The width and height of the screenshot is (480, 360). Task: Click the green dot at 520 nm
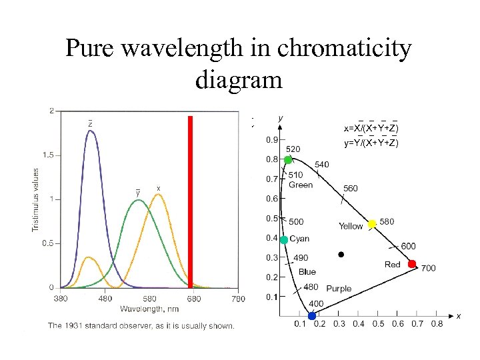pyautogui.click(x=288, y=160)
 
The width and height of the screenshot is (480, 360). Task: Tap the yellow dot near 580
pyautogui.click(x=372, y=223)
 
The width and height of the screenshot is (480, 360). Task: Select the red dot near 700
pyautogui.click(x=412, y=264)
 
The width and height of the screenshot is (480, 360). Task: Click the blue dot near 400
pyautogui.click(x=312, y=315)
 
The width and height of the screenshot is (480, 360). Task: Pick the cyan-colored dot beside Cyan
pyautogui.click(x=284, y=239)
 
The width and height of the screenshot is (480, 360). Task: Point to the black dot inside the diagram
pyautogui.click(x=341, y=254)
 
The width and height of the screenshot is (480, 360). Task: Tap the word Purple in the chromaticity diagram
pyautogui.click(x=339, y=289)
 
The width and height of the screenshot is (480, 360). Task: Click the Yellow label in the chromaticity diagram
pyautogui.click(x=351, y=226)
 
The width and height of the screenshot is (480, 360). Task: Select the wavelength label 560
pyautogui.click(x=351, y=188)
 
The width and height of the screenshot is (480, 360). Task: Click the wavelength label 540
pyautogui.click(x=321, y=164)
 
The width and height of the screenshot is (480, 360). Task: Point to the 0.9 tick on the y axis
pyautogui.click(x=273, y=140)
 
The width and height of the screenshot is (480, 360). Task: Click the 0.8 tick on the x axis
pyautogui.click(x=437, y=324)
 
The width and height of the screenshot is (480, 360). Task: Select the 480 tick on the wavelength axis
pyautogui.click(x=105, y=298)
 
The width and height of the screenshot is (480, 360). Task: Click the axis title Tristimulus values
pyautogui.click(x=36, y=199)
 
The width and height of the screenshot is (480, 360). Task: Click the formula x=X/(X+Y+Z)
pyautogui.click(x=371, y=128)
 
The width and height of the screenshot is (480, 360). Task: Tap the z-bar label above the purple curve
pyautogui.click(x=90, y=123)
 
